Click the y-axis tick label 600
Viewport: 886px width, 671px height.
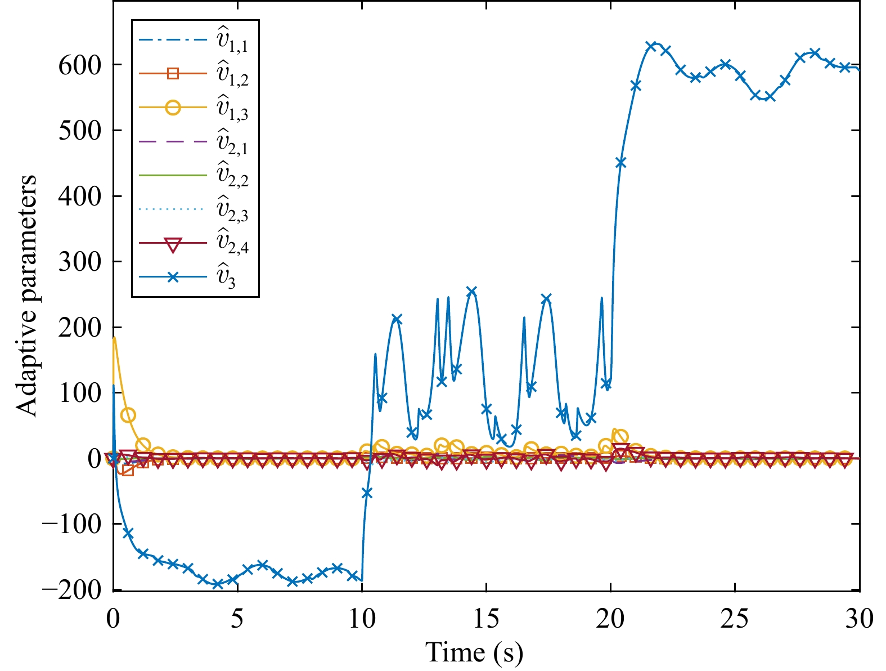[x=80, y=65]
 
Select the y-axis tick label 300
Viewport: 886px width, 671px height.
[x=80, y=262]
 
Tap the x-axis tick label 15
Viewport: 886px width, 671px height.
[x=486, y=619]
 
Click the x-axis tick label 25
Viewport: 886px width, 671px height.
[x=735, y=619]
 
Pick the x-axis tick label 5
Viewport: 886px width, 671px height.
[x=237, y=619]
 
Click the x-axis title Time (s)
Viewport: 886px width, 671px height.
[x=474, y=652]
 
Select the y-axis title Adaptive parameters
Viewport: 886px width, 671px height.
[x=26, y=296]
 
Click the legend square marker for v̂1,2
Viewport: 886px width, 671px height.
[x=173, y=74]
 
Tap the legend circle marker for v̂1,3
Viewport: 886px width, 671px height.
[x=173, y=108]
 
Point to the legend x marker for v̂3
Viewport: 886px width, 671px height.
[x=173, y=278]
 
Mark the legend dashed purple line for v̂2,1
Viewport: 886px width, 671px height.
[x=173, y=142]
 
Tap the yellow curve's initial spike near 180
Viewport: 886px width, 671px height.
[x=114, y=338]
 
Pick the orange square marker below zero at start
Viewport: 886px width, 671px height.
[x=128, y=470]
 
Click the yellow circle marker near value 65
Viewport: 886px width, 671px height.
[x=128, y=415]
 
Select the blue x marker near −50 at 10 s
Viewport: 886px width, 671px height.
[x=367, y=493]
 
